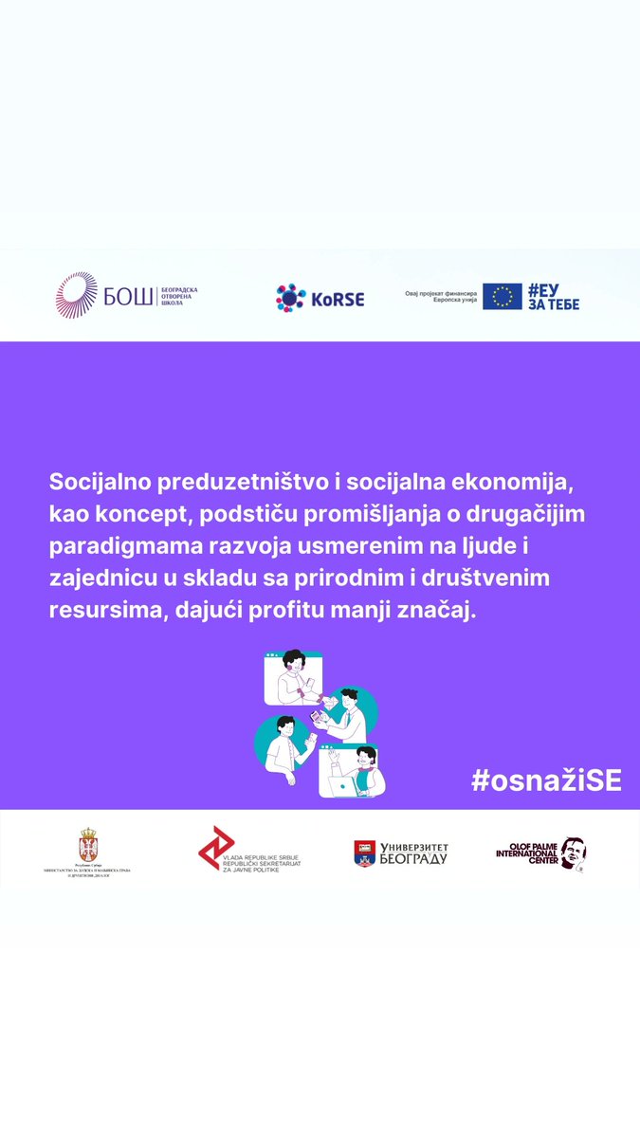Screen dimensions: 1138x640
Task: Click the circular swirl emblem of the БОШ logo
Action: [77, 295]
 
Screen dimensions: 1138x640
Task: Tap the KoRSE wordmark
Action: [338, 299]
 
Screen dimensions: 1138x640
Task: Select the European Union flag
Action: [502, 297]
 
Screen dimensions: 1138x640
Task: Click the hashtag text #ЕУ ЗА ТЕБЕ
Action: [553, 297]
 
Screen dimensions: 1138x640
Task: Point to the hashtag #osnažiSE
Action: [546, 780]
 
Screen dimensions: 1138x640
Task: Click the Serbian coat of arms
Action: [87, 844]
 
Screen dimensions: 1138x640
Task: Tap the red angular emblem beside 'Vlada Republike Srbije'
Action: [216, 847]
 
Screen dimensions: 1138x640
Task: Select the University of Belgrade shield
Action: [365, 853]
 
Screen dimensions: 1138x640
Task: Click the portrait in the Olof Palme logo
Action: [571, 853]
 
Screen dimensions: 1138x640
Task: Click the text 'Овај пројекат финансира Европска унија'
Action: [441, 297]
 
